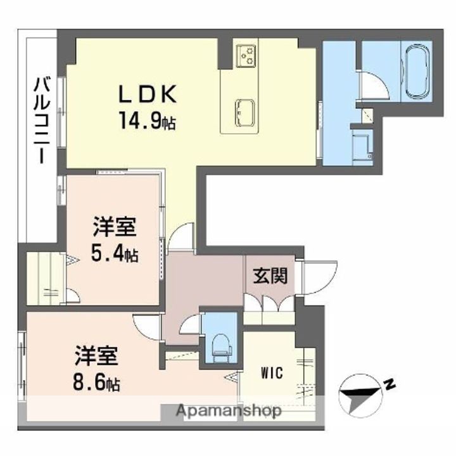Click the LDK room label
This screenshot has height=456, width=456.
(x=148, y=94)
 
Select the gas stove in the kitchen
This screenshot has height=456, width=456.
(x=246, y=56)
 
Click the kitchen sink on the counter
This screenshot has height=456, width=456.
(x=244, y=113)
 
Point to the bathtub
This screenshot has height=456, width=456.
(x=417, y=72)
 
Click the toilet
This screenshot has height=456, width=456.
(x=220, y=345)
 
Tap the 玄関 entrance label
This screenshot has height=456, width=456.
(x=270, y=275)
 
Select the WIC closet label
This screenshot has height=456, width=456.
(x=272, y=372)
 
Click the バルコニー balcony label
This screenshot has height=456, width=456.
(x=42, y=120)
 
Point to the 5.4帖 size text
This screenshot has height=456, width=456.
(x=115, y=253)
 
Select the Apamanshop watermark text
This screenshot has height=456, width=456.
(x=229, y=411)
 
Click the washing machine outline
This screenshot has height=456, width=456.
(x=362, y=148)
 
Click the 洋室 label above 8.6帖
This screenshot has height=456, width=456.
(x=96, y=355)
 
